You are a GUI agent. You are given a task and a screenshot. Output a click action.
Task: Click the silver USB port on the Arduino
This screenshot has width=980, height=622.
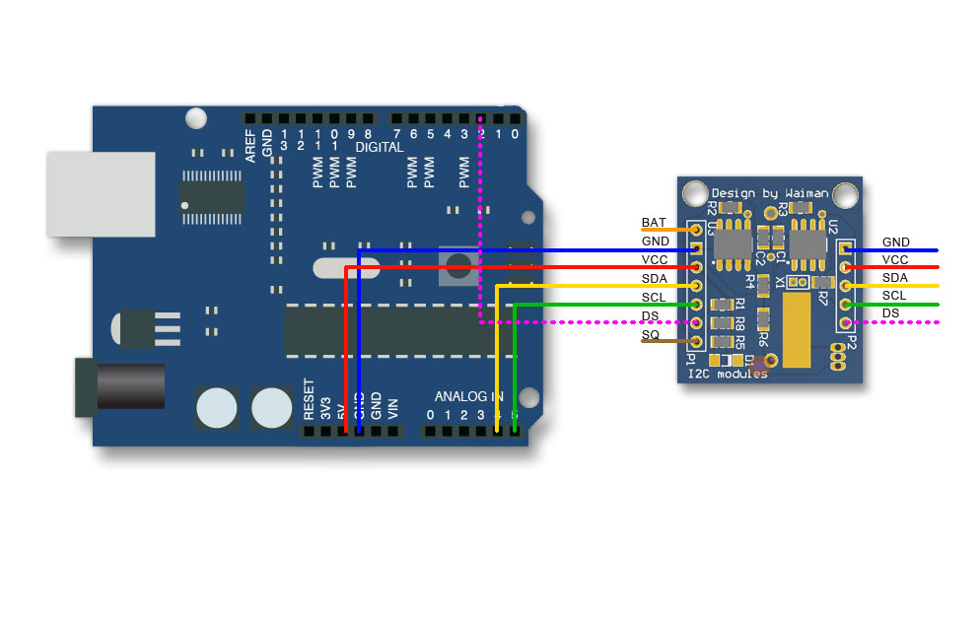pos(101,194)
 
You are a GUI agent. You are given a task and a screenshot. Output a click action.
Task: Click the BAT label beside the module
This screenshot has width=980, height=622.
pos(654,223)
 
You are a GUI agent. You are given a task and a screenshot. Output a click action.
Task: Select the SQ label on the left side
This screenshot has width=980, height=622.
pos(651,335)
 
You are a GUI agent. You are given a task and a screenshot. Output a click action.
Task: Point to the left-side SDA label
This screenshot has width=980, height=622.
pos(655,279)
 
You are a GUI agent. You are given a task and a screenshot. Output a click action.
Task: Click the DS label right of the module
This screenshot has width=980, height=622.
pos(890,313)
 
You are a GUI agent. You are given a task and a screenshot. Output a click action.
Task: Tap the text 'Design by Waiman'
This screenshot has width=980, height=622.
pos(770,192)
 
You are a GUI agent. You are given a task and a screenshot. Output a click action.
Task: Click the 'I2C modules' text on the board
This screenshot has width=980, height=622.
pos(728,374)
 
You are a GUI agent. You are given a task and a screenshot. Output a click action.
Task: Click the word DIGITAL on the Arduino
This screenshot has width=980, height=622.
pos(380,147)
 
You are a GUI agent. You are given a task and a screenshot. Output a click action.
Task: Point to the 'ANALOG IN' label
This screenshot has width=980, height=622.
pos(468,396)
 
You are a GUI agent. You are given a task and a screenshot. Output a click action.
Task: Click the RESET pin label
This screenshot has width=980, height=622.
pos(309,400)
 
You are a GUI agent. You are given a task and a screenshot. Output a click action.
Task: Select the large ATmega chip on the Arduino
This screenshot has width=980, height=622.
pos(394,330)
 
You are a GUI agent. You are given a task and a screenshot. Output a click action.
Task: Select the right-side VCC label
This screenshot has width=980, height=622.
pos(896,259)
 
